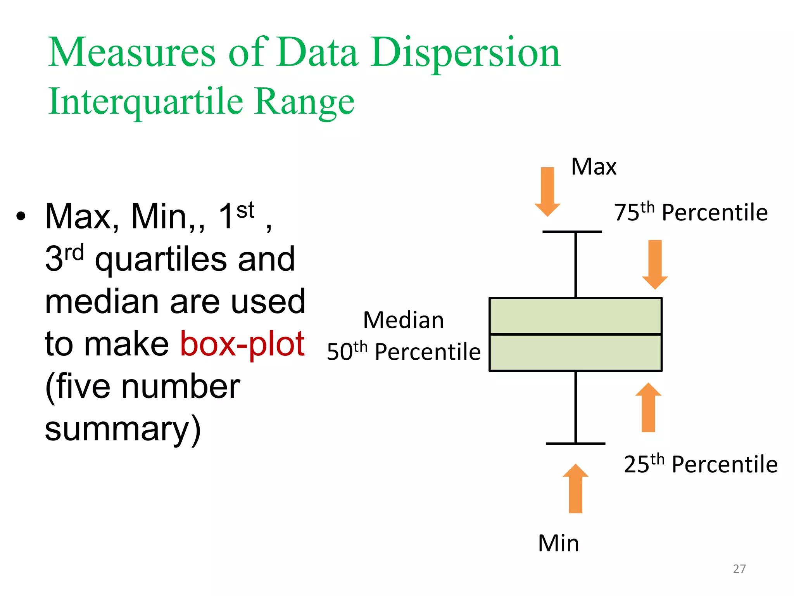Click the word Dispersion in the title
[465, 53]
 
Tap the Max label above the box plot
[594, 167]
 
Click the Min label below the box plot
[558, 543]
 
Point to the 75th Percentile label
[690, 212]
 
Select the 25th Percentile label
[701, 464]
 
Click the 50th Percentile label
[404, 352]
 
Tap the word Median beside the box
[404, 321]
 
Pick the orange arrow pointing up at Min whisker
[575, 489]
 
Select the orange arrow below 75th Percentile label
[655, 264]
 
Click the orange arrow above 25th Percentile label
[648, 407]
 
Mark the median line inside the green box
[575, 334]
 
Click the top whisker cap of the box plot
[572, 232]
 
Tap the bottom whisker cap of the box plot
[575, 443]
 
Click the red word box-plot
[242, 344]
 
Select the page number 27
[739, 569]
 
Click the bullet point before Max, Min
[21, 216]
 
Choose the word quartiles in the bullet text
[161, 259]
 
